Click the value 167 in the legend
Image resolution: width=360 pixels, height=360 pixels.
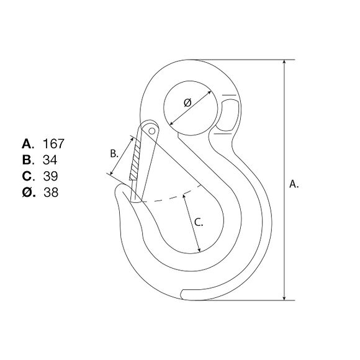[x=54, y=144]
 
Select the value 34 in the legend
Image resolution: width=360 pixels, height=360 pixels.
[x=50, y=160]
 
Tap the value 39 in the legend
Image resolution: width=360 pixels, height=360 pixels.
[x=50, y=176]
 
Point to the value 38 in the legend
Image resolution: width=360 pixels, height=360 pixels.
[x=51, y=192]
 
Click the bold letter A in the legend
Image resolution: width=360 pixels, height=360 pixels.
[x=27, y=144]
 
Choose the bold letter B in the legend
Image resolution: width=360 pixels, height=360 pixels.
[x=27, y=160]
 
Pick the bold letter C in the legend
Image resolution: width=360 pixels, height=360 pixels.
[x=27, y=176]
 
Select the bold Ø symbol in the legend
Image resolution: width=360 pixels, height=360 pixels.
[x=27, y=192]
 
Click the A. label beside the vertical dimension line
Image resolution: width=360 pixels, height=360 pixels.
[x=294, y=184]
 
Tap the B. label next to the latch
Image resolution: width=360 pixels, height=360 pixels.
[x=114, y=153]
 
